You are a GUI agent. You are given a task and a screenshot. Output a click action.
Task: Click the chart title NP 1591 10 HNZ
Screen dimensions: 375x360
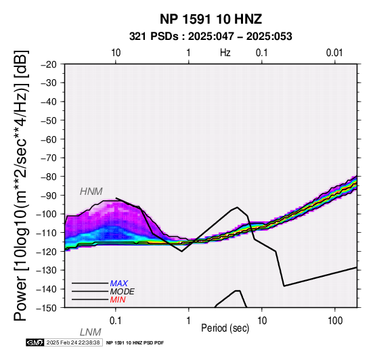pyautogui.click(x=211, y=19)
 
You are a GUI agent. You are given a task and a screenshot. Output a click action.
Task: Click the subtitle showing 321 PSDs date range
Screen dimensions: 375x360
pyautogui.click(x=211, y=37)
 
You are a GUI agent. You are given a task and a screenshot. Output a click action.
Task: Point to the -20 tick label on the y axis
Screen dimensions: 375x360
pyautogui.click(x=49, y=64)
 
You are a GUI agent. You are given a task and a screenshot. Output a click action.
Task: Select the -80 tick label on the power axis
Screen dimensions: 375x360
pyautogui.click(x=49, y=177)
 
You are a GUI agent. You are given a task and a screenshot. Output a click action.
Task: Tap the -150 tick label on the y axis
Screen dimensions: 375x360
pyautogui.click(x=47, y=308)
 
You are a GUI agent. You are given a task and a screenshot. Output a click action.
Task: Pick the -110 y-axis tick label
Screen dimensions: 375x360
pyautogui.click(x=47, y=233)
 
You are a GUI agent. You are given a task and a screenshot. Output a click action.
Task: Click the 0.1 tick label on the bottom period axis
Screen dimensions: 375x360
pyautogui.click(x=116, y=321)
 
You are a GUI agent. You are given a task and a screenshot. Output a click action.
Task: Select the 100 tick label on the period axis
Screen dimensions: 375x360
pyautogui.click(x=335, y=321)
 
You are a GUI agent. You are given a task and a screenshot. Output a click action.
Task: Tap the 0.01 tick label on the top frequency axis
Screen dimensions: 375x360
pyautogui.click(x=334, y=53)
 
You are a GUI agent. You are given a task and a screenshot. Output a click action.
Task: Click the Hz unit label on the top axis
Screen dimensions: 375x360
pyautogui.click(x=225, y=53)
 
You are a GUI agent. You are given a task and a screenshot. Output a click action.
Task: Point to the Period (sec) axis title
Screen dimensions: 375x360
pyautogui.click(x=225, y=328)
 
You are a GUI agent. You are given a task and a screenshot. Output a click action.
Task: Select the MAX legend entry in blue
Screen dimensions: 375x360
pyautogui.click(x=118, y=284)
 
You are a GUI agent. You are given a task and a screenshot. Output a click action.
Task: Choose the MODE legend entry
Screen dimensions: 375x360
pyautogui.click(x=122, y=292)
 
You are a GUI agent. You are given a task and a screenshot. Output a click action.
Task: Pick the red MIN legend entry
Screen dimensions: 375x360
pyautogui.click(x=118, y=300)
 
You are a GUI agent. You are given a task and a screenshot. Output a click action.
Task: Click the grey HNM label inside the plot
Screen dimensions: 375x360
pyautogui.click(x=91, y=192)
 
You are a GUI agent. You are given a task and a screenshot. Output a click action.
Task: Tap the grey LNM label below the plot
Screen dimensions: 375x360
pyautogui.click(x=91, y=332)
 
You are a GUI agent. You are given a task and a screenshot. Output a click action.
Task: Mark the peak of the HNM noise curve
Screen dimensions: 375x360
pyautogui.click(x=237, y=207)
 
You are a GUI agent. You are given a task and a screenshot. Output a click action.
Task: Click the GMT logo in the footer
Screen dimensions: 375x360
pyautogui.click(x=35, y=342)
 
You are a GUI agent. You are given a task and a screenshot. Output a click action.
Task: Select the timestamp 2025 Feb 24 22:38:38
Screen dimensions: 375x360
pyautogui.click(x=73, y=342)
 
